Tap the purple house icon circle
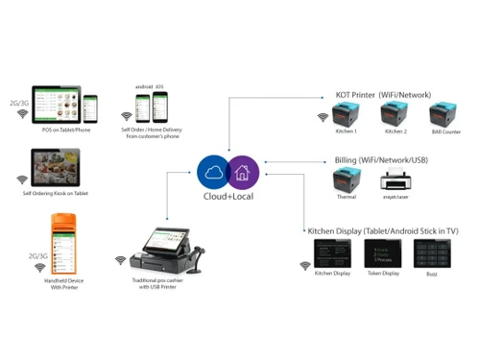[x=242, y=171]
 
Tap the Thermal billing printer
[x=345, y=180]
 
